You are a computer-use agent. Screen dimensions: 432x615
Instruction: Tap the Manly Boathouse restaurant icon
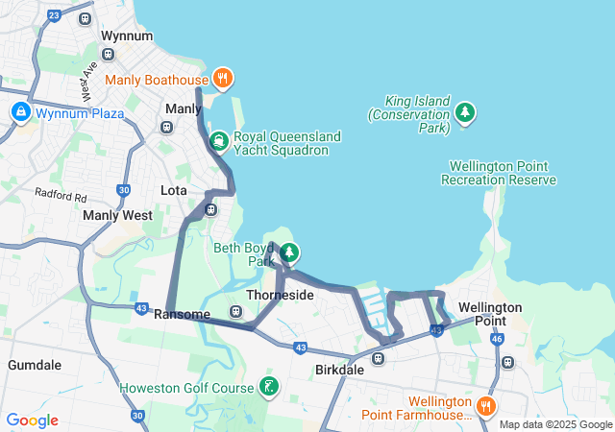(x=222, y=79)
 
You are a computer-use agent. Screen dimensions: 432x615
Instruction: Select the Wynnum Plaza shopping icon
(x=19, y=113)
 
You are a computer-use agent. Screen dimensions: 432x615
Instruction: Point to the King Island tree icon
(x=465, y=113)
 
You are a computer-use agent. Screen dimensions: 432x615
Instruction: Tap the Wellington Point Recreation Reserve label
(x=498, y=173)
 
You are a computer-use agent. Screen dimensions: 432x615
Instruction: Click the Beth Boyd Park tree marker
(x=289, y=253)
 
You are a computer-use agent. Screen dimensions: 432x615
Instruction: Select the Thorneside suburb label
(x=280, y=295)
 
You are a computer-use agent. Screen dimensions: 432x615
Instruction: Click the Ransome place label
(x=182, y=314)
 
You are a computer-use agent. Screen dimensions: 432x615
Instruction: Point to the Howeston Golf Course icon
(x=270, y=388)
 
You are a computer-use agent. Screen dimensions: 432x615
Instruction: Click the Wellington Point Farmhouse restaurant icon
(x=487, y=406)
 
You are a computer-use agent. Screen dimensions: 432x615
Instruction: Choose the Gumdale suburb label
(x=35, y=365)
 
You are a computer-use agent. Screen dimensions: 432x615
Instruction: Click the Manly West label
(x=117, y=216)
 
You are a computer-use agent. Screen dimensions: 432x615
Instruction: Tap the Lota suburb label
(x=174, y=190)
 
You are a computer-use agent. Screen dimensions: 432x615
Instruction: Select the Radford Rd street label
(x=60, y=195)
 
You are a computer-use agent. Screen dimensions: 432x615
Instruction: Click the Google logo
(x=32, y=420)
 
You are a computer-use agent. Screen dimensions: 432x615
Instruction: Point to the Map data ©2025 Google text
(x=553, y=424)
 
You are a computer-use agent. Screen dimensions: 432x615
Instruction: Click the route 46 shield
(x=496, y=339)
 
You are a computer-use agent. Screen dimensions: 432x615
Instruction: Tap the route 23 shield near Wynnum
(x=53, y=15)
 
